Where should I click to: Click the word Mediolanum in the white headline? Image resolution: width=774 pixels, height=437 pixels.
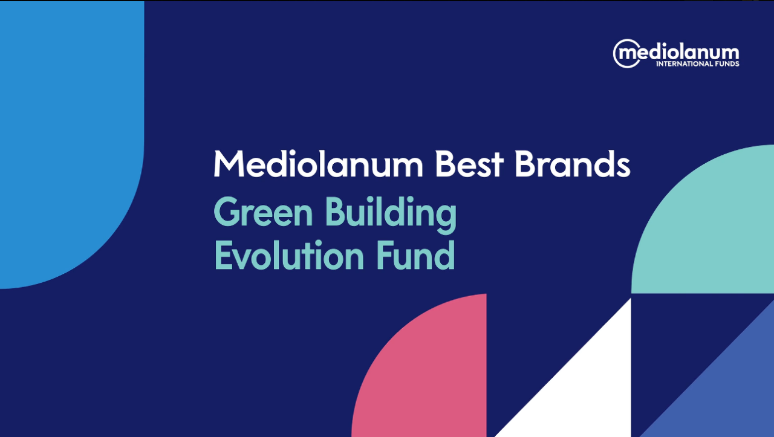pyautogui.click(x=318, y=164)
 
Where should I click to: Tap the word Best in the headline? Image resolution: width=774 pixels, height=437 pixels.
pyautogui.click(x=469, y=164)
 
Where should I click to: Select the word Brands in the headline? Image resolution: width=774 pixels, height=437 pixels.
pyautogui.click(x=573, y=164)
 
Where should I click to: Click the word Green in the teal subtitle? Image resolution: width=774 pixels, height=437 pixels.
pyautogui.click(x=263, y=212)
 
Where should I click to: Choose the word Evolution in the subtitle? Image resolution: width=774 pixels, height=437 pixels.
pyautogui.click(x=289, y=255)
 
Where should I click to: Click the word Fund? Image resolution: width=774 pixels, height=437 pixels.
pyautogui.click(x=415, y=255)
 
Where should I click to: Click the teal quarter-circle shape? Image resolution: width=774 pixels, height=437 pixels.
pyautogui.click(x=708, y=228)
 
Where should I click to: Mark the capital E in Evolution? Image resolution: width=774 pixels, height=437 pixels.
pyautogui.click(x=223, y=255)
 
